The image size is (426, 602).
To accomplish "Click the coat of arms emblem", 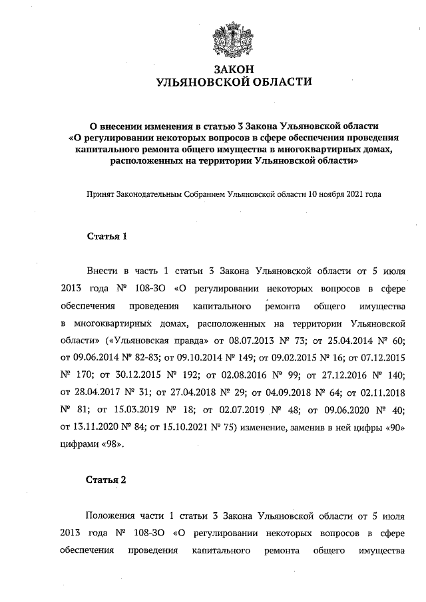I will pos(232,39).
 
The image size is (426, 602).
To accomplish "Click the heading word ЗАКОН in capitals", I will pos(232,70).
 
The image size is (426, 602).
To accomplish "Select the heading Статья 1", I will pos(106,236).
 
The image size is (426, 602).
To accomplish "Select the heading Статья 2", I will pos(106,479).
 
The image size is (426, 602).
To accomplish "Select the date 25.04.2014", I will pos(348,340).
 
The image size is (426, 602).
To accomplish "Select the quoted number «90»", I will pos(393,426).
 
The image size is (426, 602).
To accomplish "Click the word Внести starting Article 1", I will pos(101,271).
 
